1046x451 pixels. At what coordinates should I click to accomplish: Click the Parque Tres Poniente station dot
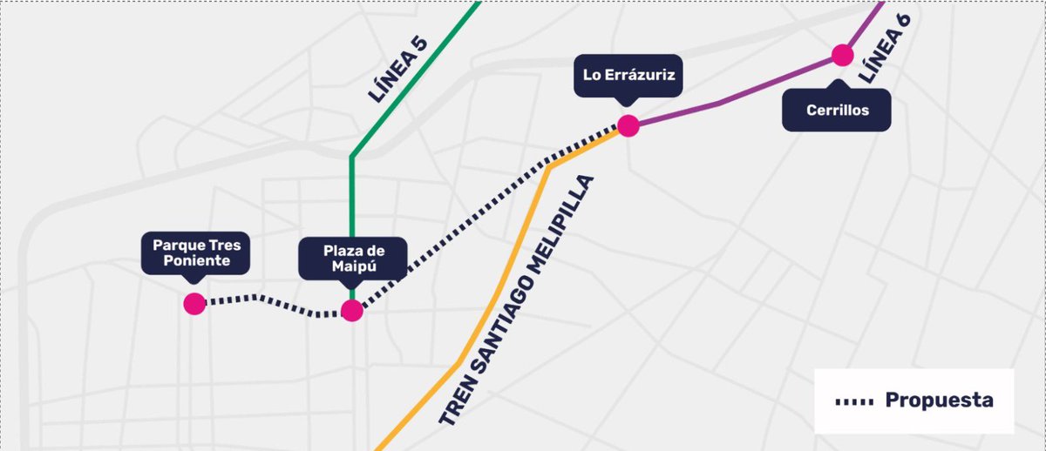pyautogui.click(x=194, y=304)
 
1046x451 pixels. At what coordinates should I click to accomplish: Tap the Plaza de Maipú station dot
pyautogui.click(x=351, y=311)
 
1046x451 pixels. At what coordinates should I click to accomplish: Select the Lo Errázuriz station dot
pyautogui.click(x=628, y=125)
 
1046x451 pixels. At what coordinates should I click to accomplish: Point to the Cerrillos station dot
pyautogui.click(x=842, y=55)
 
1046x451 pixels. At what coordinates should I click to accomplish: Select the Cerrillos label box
pyautogui.click(x=837, y=111)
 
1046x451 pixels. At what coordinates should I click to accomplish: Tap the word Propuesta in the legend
pyautogui.click(x=939, y=401)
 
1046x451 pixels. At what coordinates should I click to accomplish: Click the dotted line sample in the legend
pyautogui.click(x=853, y=401)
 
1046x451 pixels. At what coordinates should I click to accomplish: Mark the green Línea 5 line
pyautogui.click(x=351, y=218)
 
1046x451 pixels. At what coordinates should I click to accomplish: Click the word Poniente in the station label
pyautogui.click(x=196, y=261)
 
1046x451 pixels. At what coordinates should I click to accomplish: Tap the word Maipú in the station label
pyautogui.click(x=352, y=267)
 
